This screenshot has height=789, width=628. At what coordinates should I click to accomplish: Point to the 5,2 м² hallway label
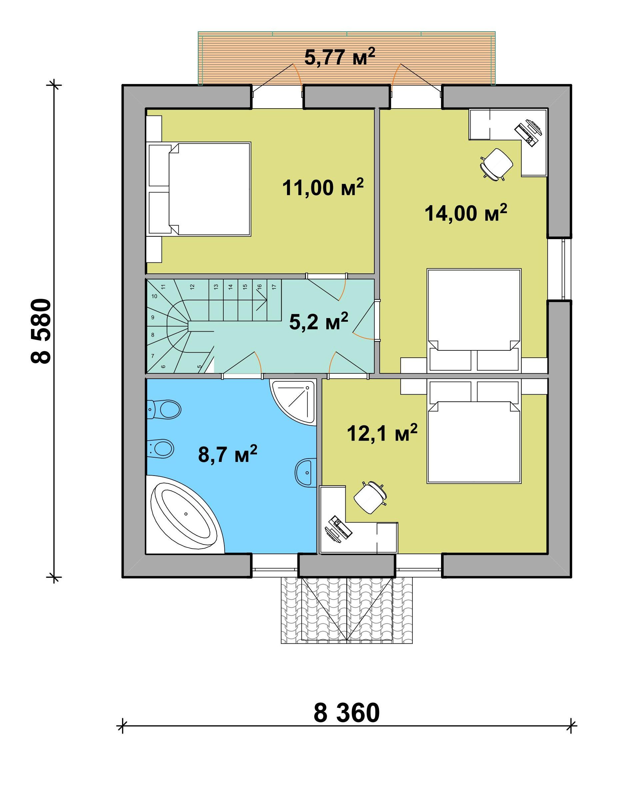[x=319, y=321]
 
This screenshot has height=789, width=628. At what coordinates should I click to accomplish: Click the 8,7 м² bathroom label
[x=227, y=454]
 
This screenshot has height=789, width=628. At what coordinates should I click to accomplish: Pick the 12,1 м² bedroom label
[x=382, y=433]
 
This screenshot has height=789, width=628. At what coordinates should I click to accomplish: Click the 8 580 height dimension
[x=40, y=331]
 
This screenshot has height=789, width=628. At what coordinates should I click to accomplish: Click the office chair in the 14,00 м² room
[x=496, y=164]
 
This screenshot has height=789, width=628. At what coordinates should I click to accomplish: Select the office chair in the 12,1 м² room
[x=370, y=497]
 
